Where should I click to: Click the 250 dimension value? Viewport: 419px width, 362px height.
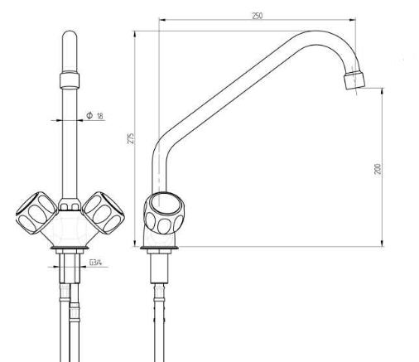(x=258, y=16)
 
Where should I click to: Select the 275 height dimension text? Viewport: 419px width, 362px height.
(x=131, y=138)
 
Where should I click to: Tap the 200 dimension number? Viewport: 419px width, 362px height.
(x=378, y=169)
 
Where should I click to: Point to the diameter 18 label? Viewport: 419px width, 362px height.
(x=94, y=115)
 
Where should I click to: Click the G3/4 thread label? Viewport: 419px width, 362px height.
(x=96, y=262)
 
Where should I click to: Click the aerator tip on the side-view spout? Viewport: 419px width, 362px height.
(x=354, y=80)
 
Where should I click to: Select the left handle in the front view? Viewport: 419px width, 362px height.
(x=37, y=213)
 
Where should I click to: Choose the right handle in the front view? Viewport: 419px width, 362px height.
(x=104, y=213)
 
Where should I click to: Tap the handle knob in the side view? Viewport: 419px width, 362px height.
(x=164, y=213)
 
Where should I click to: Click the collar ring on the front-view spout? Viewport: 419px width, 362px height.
(x=70, y=80)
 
